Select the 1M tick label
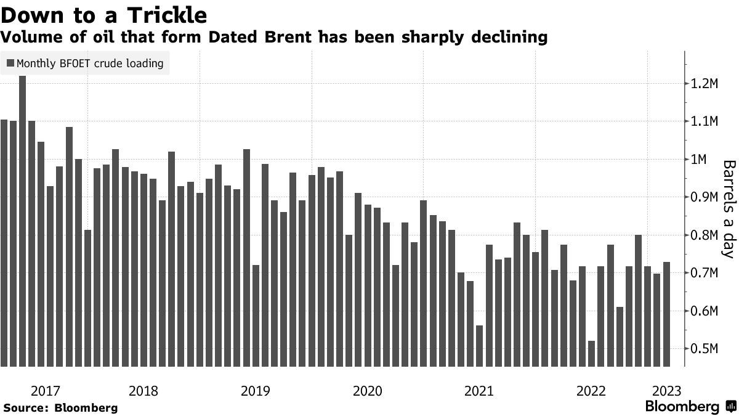704,160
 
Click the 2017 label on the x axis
45,391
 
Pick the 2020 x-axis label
368,391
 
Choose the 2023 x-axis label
666,391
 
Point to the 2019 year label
256,391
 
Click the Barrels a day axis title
729,210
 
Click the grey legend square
10,63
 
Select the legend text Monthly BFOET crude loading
90,63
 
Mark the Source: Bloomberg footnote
60,407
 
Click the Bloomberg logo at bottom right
690,407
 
